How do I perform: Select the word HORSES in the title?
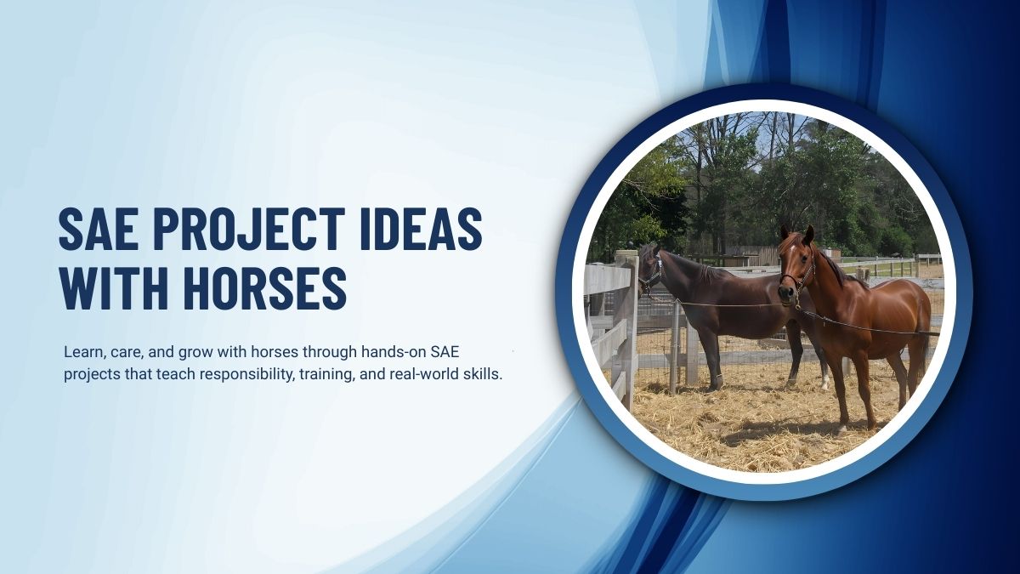256,288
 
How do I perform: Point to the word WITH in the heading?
108,288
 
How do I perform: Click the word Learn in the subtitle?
82,350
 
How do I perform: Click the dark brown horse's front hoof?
717,384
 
